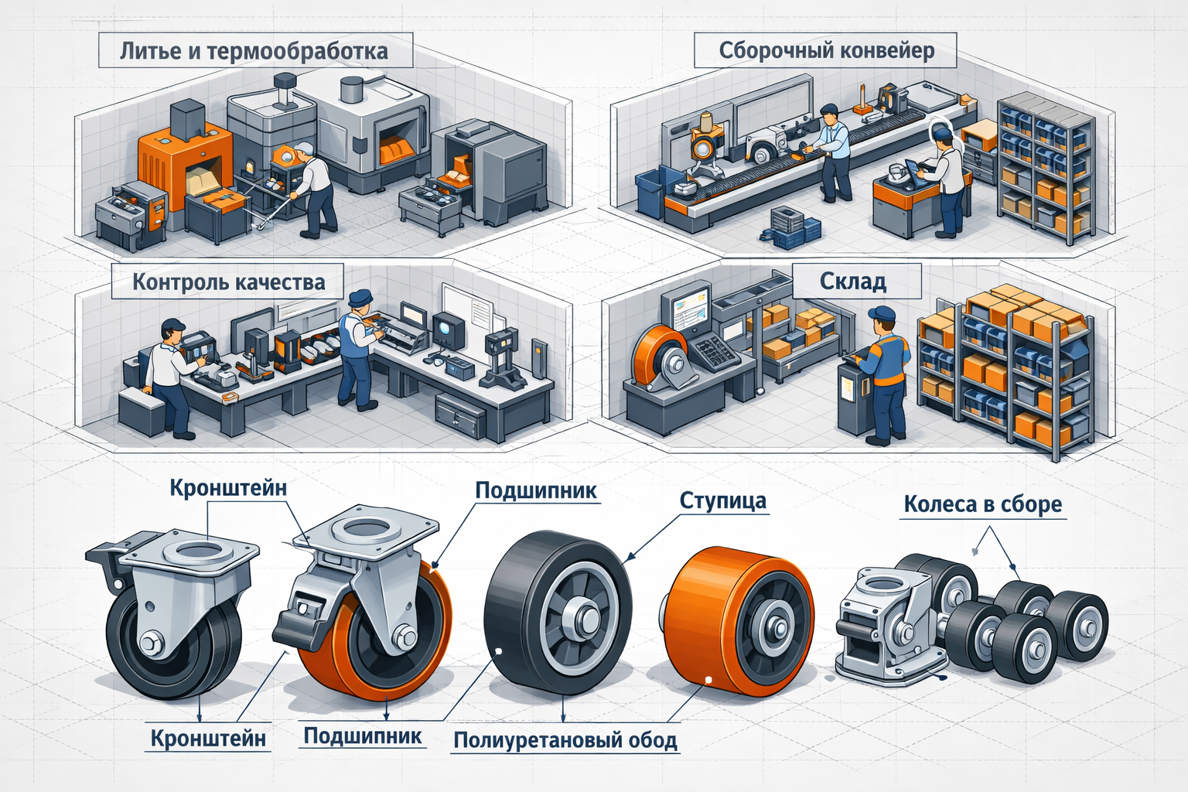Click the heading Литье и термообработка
coord(254,52)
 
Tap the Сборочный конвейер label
coord(827,51)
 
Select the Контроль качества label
coord(229,282)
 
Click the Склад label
coord(853,282)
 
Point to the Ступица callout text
coord(723,500)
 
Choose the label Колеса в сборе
coord(983,504)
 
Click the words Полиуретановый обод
coord(565,740)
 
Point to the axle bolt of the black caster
coord(151,643)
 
